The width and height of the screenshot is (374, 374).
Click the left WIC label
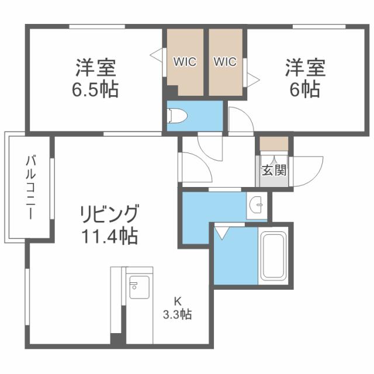pos(185,61)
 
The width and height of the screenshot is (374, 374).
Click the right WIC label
pos(225,61)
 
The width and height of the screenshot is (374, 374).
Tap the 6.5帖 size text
pos(96,89)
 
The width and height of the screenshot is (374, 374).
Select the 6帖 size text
pos(304,89)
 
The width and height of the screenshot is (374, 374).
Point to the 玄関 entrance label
pos(273,171)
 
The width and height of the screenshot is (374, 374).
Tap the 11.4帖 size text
pos(110,236)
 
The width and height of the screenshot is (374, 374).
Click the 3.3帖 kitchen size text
pos(177,314)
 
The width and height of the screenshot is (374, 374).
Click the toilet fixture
pos(177,116)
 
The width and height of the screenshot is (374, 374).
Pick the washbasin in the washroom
pos(255,205)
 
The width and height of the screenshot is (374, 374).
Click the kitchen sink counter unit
pos(139,286)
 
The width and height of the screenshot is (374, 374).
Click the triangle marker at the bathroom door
pos(221,233)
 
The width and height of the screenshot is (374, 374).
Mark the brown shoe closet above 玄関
pos(273,143)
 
